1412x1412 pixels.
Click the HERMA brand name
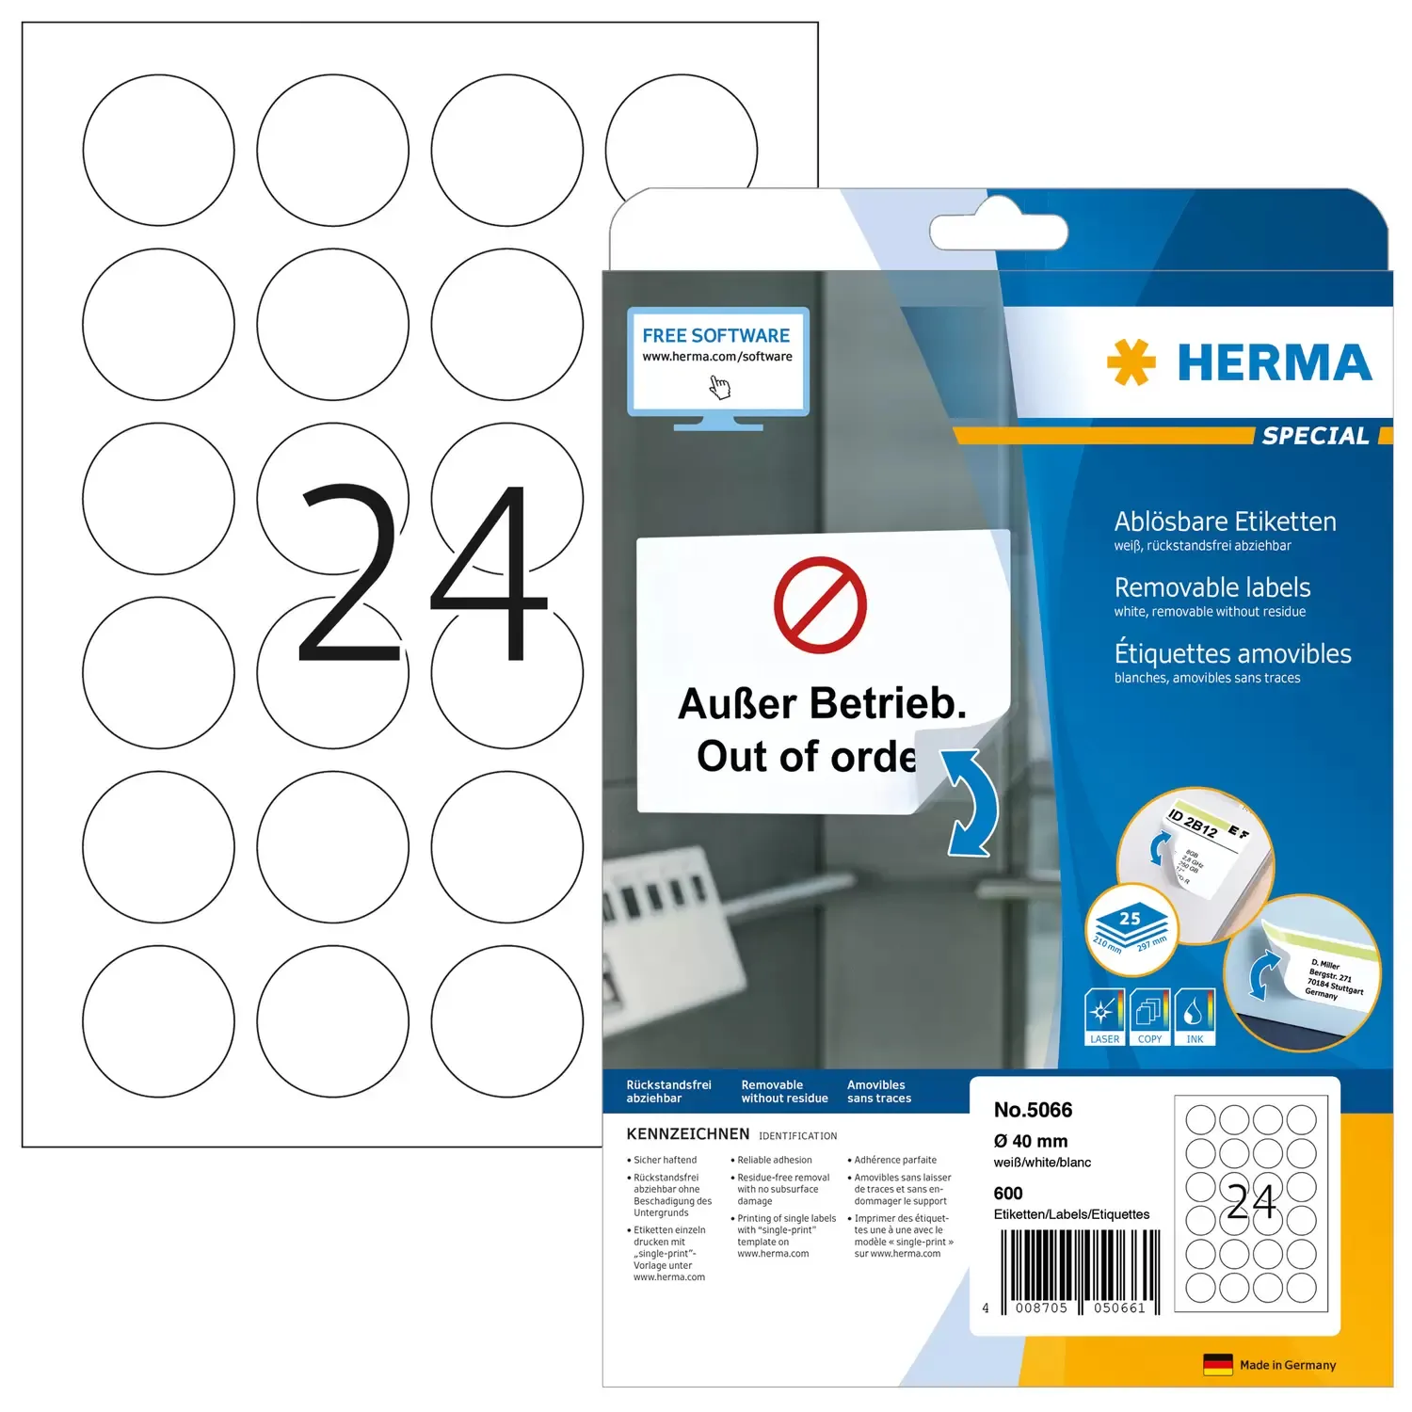tap(1274, 363)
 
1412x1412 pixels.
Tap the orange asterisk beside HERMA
tap(1131, 362)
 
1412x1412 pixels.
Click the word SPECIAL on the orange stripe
tap(1315, 436)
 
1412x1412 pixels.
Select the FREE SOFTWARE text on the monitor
tap(716, 336)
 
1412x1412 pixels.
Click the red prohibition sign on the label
tap(820, 605)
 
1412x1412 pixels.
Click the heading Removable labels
tap(1212, 587)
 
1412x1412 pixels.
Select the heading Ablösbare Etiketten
tap(1225, 521)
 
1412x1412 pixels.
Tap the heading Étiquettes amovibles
tap(1232, 653)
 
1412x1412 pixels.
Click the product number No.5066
tap(1033, 1110)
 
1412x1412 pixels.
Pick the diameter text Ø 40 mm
tap(1030, 1141)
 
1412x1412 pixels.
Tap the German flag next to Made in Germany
tap(1217, 1365)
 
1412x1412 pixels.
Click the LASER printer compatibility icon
tap(1104, 1016)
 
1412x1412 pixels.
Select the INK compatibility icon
tap(1195, 1016)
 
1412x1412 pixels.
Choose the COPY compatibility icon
tap(1149, 1016)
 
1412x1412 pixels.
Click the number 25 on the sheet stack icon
tap(1130, 918)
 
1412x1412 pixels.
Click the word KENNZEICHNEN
tap(688, 1134)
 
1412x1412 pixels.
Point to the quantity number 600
tap(1008, 1193)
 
